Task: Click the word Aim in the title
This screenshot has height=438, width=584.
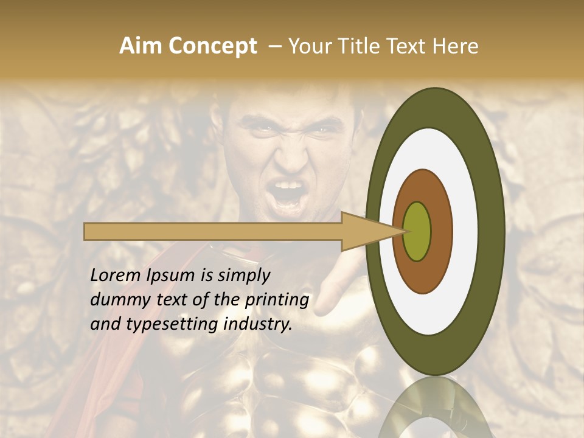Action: (140, 46)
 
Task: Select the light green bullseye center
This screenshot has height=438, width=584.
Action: (417, 231)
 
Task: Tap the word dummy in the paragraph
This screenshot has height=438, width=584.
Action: (116, 300)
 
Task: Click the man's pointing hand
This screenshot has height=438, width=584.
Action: (335, 286)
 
